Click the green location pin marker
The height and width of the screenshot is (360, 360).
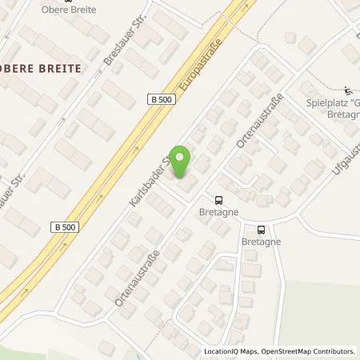click(182, 162)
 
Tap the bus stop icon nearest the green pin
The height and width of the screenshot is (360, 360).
click(218, 200)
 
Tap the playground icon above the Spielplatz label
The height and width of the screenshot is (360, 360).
click(346, 90)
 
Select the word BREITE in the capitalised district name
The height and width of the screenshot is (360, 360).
click(61, 69)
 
